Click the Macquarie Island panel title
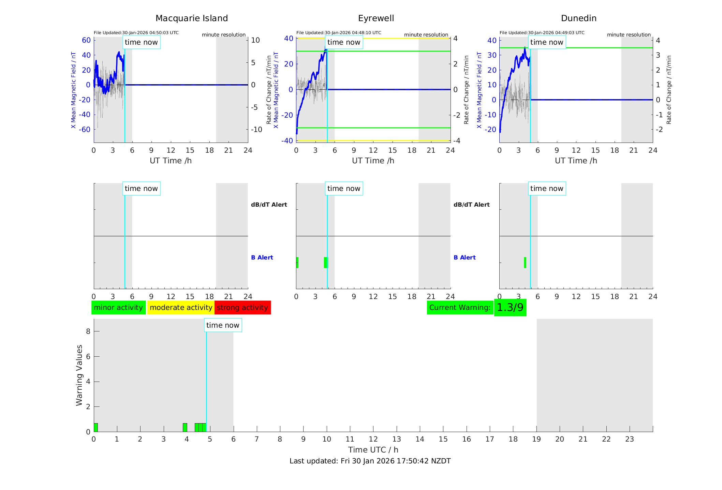tap(191, 18)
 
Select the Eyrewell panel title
tap(376, 18)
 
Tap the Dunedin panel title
tap(578, 18)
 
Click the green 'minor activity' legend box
tap(118, 308)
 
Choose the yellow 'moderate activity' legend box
tap(181, 308)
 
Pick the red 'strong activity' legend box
tap(242, 308)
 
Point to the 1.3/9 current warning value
tap(510, 308)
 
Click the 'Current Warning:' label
tap(460, 308)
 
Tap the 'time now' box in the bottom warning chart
tap(223, 325)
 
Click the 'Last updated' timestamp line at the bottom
tap(370, 461)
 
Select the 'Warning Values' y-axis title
tap(79, 375)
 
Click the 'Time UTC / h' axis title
tap(373, 450)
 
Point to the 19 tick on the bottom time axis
tap(536, 439)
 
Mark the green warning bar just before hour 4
tap(185, 428)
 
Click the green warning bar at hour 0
tap(96, 428)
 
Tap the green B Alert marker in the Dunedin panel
tap(525, 263)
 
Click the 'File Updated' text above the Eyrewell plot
tap(339, 33)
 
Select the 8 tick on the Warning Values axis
tap(88, 331)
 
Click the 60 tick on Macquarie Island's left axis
tap(86, 40)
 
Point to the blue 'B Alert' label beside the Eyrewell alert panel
tap(465, 257)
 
